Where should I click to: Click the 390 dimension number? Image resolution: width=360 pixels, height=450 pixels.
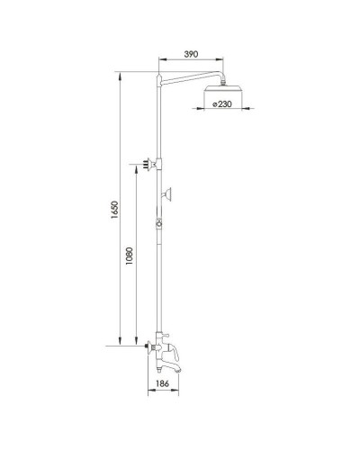coord(190,54)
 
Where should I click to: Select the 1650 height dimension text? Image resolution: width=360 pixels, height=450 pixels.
coord(109,211)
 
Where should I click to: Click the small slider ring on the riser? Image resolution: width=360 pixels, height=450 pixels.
coord(159,224)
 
